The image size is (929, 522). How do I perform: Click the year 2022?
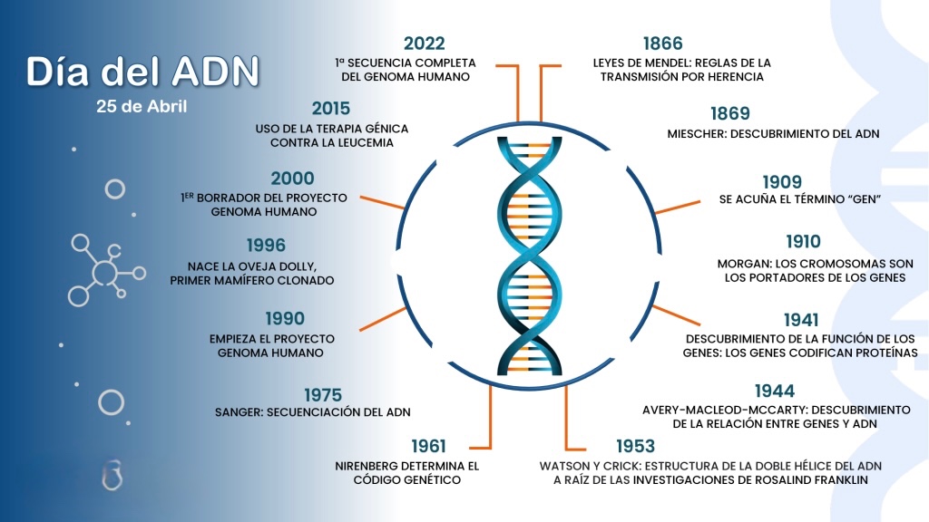425,43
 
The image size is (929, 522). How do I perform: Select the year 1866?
663,43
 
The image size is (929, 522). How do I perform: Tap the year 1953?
636,446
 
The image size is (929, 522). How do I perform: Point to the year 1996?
266,245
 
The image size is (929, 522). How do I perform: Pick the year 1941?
801,320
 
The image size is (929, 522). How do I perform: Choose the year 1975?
323,395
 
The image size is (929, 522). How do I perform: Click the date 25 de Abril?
142,107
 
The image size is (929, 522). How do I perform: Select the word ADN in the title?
216,72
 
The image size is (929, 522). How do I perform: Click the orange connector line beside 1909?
678,208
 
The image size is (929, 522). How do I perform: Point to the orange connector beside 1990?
383,319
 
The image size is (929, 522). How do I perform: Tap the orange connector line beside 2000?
383,202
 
